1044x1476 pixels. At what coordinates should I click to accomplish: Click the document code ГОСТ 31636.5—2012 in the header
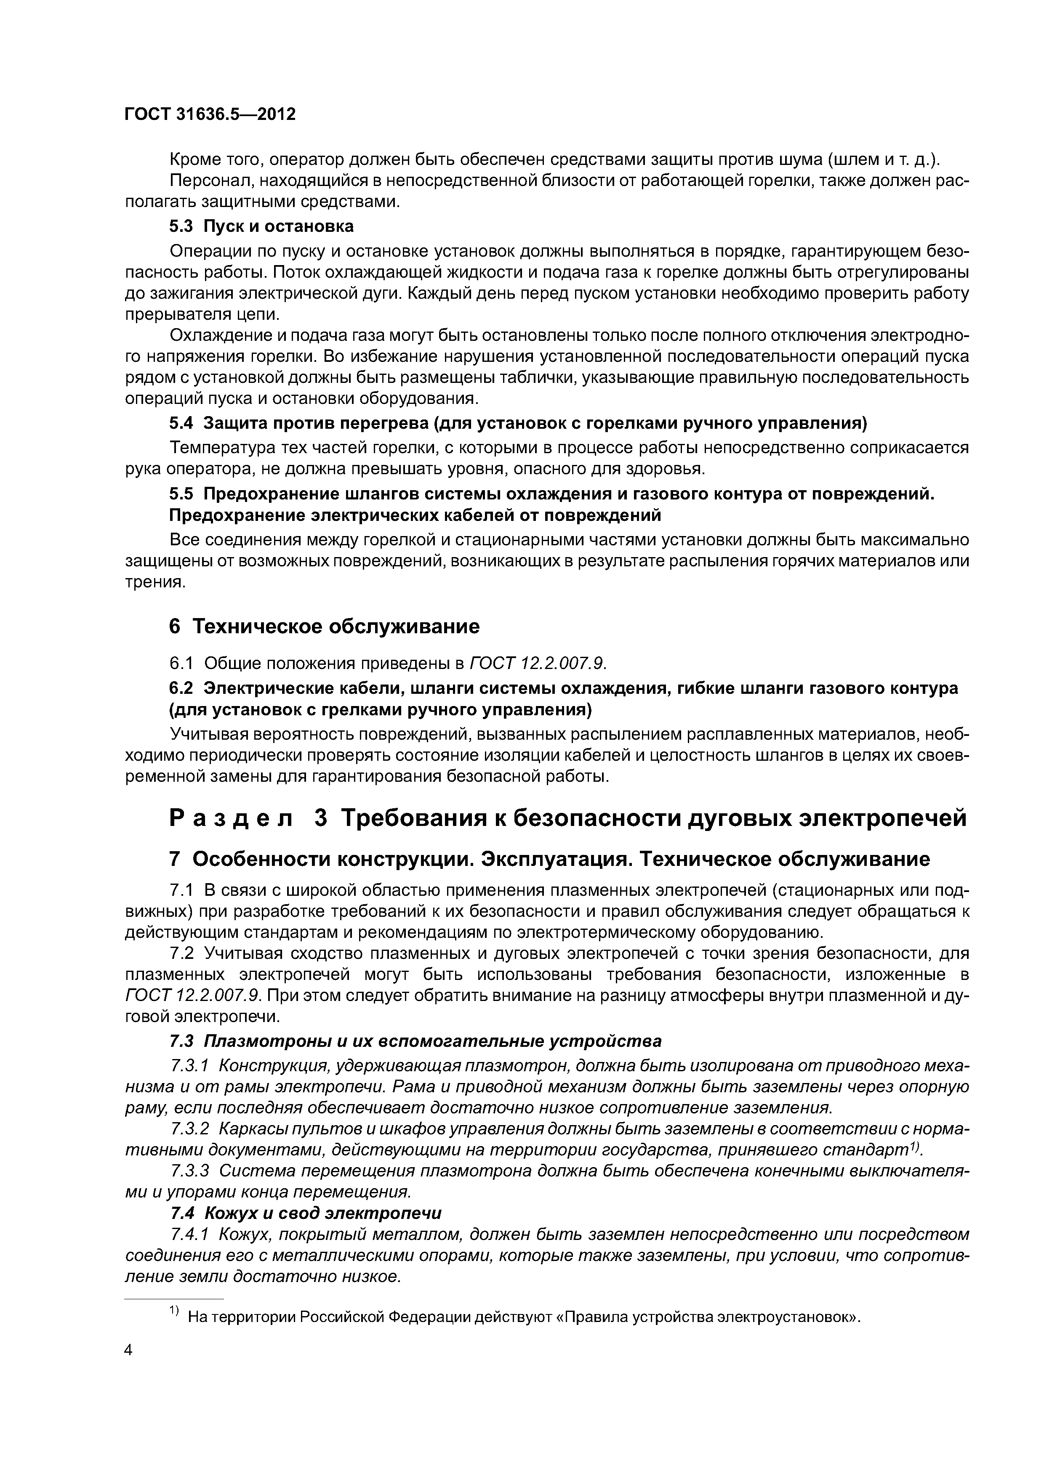(x=210, y=114)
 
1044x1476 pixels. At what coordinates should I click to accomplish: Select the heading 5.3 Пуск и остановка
(x=261, y=226)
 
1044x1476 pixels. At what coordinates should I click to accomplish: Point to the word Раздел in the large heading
(x=230, y=818)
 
